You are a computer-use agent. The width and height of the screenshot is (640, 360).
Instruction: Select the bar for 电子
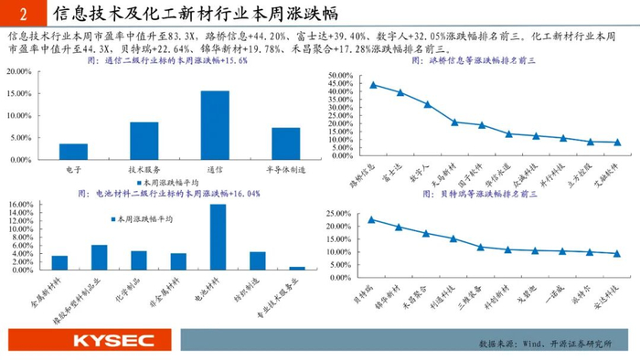click(x=74, y=151)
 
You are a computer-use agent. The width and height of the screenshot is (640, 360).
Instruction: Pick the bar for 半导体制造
click(x=285, y=143)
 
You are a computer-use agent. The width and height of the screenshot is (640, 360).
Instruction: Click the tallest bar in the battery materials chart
click(x=218, y=236)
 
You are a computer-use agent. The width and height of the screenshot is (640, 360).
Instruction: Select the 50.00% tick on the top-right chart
click(x=339, y=75)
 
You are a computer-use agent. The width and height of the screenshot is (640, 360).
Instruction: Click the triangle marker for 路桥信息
click(x=372, y=85)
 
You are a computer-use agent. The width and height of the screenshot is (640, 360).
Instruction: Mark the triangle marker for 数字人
click(x=427, y=104)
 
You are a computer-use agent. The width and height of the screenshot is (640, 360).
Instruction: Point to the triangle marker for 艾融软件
click(x=617, y=142)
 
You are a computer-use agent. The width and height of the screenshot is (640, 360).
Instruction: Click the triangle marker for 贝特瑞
click(x=371, y=219)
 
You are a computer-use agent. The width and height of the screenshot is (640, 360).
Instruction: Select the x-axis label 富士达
click(x=392, y=175)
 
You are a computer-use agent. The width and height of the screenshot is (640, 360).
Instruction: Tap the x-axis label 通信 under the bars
click(x=215, y=170)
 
